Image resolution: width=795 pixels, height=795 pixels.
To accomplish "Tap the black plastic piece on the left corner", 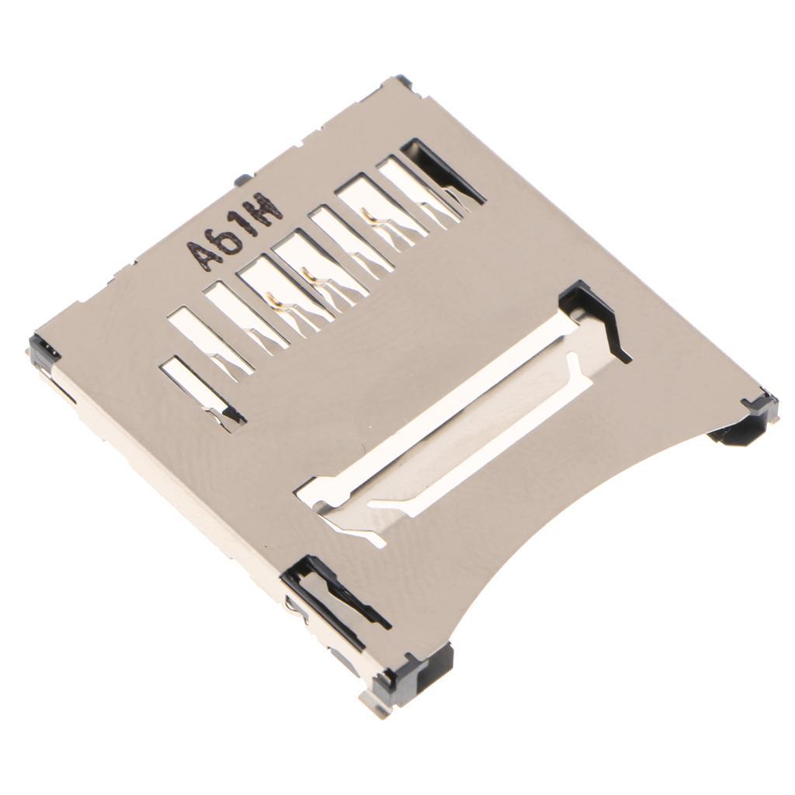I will click(x=44, y=350).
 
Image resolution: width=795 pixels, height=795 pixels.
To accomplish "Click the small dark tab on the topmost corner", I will click(x=402, y=79).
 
